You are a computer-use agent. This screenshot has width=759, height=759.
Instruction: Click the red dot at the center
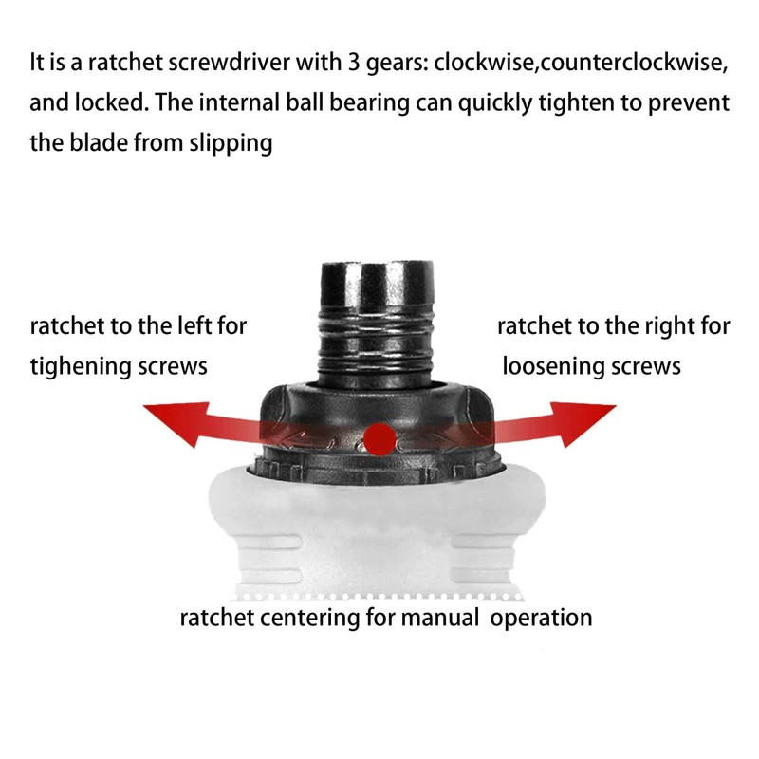coord(380,439)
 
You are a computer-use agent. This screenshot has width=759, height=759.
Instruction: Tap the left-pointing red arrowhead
coord(178,422)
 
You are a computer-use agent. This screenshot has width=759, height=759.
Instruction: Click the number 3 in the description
coord(354,63)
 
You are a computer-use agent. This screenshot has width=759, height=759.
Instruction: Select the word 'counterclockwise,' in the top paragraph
coord(634,64)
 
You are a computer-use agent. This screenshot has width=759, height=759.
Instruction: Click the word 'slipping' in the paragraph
coord(231,144)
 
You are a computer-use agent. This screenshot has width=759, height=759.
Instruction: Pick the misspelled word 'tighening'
coord(81,367)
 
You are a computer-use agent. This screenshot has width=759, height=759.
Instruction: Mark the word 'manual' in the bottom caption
coord(440,618)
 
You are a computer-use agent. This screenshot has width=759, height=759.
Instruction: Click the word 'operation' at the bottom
coord(541,619)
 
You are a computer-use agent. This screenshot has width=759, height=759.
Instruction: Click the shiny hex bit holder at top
coord(377,285)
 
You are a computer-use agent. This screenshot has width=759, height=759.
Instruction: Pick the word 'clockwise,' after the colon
coord(486,63)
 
